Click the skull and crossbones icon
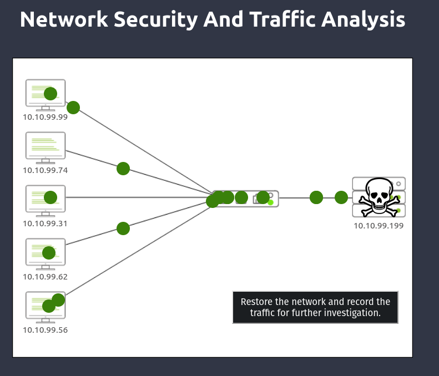point(379,197)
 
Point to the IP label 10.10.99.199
point(379,226)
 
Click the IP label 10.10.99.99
point(45,117)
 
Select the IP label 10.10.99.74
point(45,170)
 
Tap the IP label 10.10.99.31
point(45,223)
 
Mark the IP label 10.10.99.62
point(45,277)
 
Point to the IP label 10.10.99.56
point(45,330)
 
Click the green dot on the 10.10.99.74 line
point(123,169)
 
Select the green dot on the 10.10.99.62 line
point(123,228)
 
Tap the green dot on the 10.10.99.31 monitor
point(51,197)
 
